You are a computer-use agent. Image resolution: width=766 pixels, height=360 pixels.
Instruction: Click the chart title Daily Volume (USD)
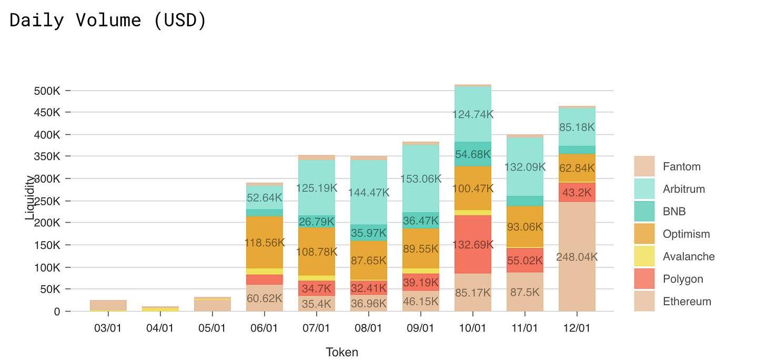108,20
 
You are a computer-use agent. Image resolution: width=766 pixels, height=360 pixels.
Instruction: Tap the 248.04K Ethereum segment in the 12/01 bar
577,257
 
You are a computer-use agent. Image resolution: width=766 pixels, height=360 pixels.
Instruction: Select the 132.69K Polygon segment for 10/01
472,244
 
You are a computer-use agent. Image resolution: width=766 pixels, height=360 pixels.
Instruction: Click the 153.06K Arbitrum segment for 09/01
420,178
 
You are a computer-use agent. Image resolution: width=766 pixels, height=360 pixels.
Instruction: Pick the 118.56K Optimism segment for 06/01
265,243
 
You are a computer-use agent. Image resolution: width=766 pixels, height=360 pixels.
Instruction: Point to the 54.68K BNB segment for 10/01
472,154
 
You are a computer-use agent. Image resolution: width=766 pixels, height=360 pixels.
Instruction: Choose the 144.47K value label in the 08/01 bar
369,193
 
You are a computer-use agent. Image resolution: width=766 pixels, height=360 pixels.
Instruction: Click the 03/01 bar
108,305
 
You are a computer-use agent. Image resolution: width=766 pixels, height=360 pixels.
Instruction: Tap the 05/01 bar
213,305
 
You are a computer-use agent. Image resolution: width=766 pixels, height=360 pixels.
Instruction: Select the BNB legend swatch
644,212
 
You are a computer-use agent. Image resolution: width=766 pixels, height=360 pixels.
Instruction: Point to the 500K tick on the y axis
47,91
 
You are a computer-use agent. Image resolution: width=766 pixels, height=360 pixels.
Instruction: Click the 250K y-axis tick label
47,201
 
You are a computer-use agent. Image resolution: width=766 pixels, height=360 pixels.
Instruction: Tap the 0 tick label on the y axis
57,312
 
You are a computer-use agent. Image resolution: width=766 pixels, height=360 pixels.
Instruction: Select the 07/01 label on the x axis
316,328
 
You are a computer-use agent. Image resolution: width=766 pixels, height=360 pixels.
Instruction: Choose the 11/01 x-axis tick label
525,328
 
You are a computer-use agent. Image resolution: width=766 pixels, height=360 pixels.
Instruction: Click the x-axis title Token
342,352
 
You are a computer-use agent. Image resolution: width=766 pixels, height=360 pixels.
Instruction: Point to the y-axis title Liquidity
30,197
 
